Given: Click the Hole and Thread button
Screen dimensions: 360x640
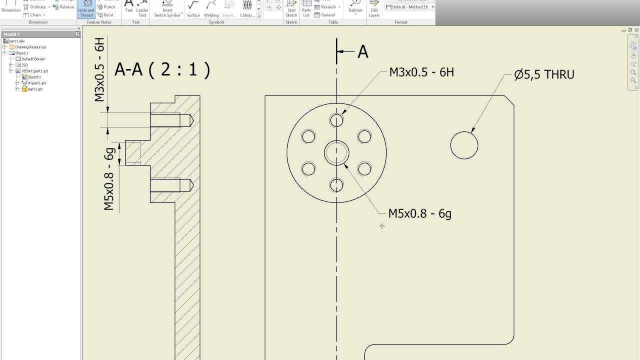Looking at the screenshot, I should coord(86,8).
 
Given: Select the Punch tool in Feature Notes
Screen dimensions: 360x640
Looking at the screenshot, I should coord(106,7).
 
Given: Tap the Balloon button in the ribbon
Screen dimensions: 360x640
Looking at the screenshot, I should coord(355,8).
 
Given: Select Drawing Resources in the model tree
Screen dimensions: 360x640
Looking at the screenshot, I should coord(30,47).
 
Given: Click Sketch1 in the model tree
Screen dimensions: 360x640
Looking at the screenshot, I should coord(34,77).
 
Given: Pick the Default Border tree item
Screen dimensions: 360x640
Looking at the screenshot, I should coord(33,59).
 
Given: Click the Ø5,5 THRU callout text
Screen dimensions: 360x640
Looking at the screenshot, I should coord(544,75).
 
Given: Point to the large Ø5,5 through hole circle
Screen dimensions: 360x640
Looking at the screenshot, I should coord(464,145).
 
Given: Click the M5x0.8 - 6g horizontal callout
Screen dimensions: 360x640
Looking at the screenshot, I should coord(419,213).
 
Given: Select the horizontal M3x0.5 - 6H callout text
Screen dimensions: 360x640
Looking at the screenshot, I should coord(421,72).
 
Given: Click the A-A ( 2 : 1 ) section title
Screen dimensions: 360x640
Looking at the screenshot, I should coord(162,69).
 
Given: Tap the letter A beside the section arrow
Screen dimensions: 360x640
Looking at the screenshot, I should coord(363,51).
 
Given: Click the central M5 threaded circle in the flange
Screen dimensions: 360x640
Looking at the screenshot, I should coord(336,152).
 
